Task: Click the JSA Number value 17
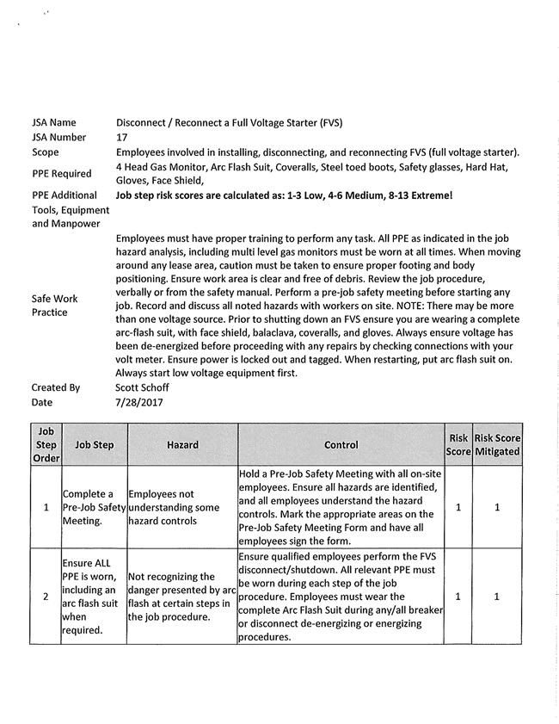pos(121,137)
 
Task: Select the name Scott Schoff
pos(144,387)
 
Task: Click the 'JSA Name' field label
pos(54,122)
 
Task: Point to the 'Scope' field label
pos(46,152)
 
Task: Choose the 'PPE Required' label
pos(61,174)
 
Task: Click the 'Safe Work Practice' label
pos(54,306)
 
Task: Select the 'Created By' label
pos(56,387)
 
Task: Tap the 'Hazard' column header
pos(182,445)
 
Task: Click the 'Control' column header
pos(341,445)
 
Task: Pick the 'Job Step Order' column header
pos(46,445)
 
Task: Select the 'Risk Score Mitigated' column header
pos(497,445)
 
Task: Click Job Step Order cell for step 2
pos(46,597)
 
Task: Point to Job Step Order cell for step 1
pos(46,508)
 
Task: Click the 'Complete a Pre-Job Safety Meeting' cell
pos(94,508)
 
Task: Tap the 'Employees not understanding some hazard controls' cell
pos(181,508)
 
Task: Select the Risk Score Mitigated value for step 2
pos(497,597)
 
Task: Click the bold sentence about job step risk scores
pos(284,195)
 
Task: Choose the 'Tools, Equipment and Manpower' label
pos(71,217)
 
